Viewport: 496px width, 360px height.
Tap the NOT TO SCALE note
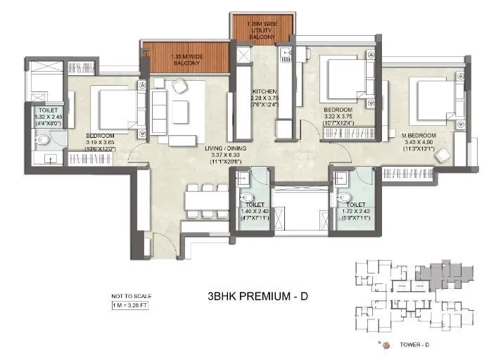point(132,296)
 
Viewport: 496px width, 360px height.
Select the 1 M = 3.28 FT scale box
point(132,305)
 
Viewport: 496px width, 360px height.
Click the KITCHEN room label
point(266,91)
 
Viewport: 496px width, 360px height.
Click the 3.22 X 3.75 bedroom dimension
point(336,117)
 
